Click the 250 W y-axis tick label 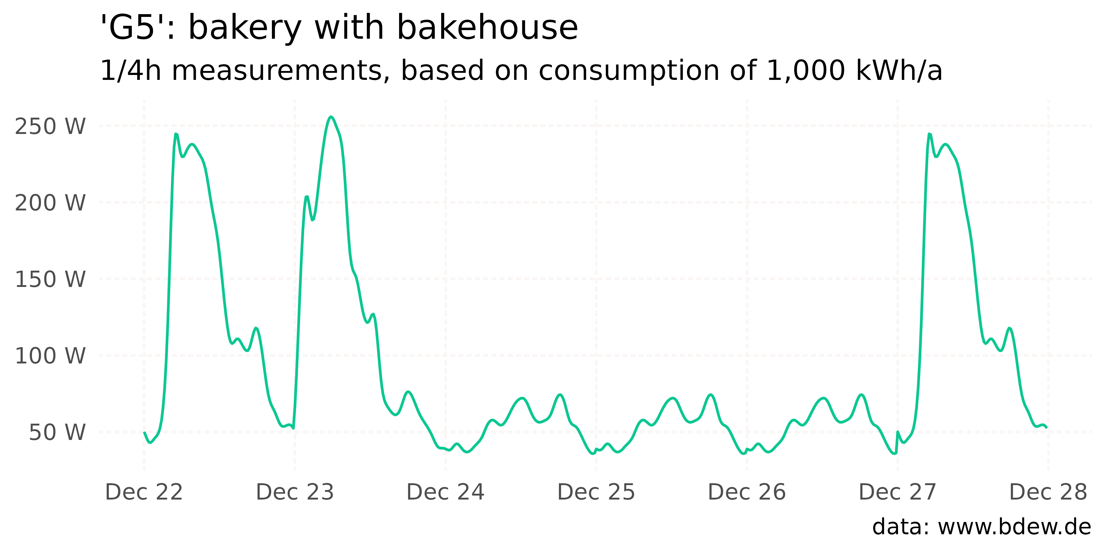pos(50,126)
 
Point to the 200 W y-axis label pos(50,203)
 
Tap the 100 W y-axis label pos(50,356)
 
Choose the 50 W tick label pos(57,432)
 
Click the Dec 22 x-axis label pos(144,492)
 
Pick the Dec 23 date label pos(295,492)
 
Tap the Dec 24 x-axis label pos(445,492)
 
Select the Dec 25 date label pos(596,492)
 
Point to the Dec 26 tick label pos(747,492)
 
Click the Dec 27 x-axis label pos(897,492)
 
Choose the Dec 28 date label pos(1048,492)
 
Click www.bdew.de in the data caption pos(1014,527)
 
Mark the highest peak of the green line pos(331,116)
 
